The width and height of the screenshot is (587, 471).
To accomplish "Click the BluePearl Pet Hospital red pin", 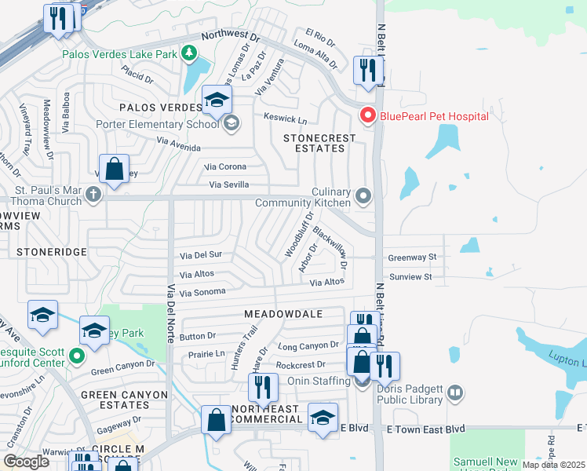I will pyautogui.click(x=367, y=116).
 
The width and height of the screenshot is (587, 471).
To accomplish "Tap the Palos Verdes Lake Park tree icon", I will pyautogui.click(x=188, y=53).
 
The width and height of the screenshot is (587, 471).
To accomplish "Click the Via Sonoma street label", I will pyautogui.click(x=202, y=292).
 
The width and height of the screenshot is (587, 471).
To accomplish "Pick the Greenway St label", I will pyautogui.click(x=410, y=257).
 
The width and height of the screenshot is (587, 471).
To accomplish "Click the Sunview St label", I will pyautogui.click(x=410, y=277).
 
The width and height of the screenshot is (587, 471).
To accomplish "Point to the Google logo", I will pyautogui.click(x=26, y=462).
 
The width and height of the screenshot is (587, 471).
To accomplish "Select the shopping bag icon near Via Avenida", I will pyautogui.click(x=115, y=169).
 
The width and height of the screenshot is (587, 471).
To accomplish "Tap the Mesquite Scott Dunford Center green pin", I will pyautogui.click(x=76, y=357).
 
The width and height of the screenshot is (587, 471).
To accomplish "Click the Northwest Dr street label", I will pyautogui.click(x=230, y=36).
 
